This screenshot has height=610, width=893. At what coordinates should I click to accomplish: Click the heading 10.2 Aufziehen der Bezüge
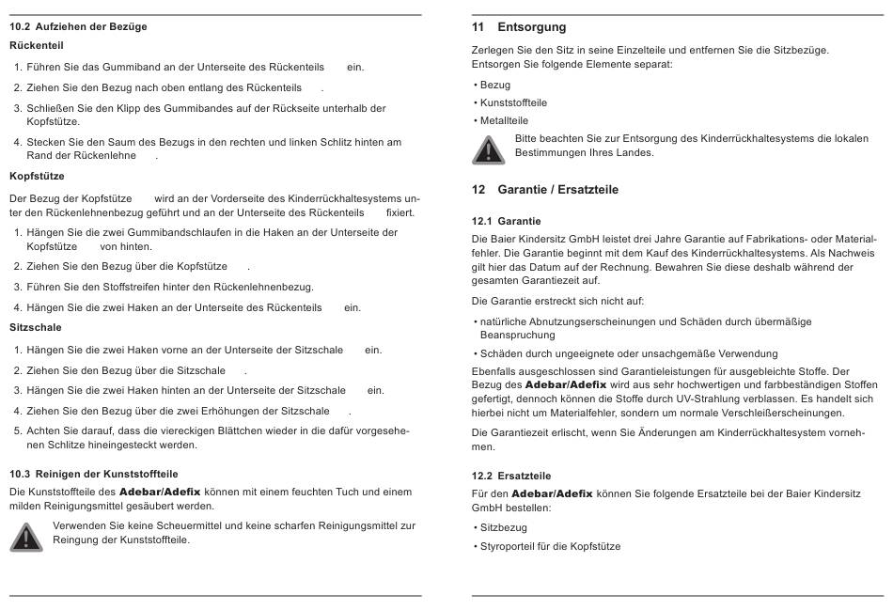78,26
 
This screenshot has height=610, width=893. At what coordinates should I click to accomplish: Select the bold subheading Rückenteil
37,45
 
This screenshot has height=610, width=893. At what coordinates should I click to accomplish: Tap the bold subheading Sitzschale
36,327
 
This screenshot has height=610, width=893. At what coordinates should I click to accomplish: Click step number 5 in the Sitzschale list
18,430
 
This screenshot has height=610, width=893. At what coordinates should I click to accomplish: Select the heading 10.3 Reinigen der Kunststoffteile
93,474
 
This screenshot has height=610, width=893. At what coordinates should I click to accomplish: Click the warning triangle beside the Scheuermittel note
26,535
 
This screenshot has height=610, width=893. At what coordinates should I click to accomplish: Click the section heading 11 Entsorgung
519,27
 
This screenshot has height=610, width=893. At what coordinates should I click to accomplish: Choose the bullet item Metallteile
504,120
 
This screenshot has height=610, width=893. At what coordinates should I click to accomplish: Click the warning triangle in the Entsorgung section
488,148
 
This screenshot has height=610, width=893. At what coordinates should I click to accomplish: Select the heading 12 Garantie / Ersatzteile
545,190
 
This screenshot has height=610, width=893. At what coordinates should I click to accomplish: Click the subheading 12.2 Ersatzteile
511,476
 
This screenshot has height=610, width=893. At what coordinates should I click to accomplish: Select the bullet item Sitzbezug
503,528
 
